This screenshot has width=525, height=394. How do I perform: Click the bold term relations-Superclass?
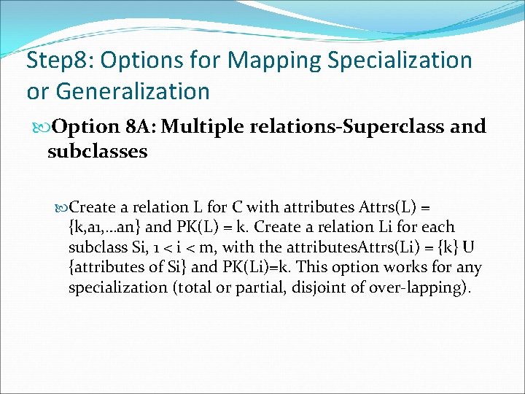338,127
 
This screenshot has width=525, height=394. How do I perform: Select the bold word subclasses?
97,152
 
